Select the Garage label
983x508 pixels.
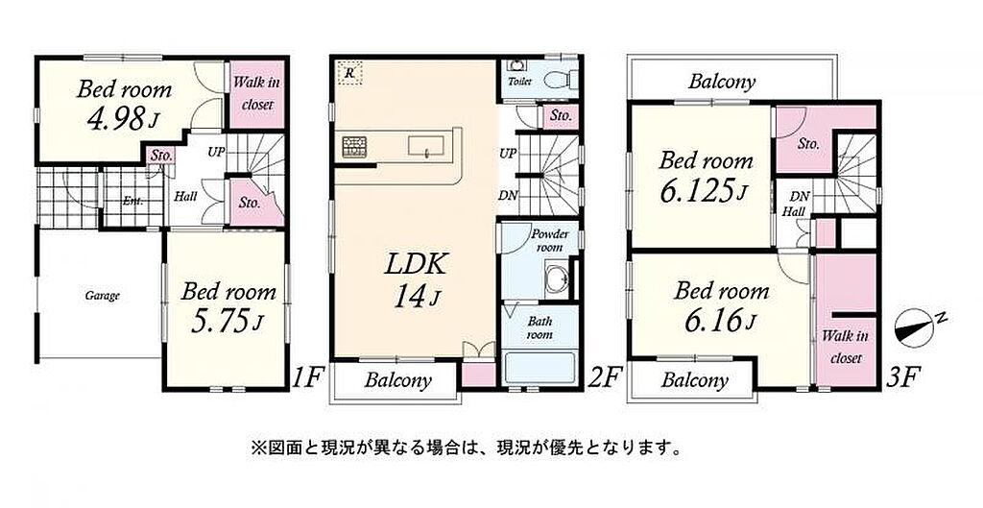(102, 296)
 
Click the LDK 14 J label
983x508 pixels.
(416, 280)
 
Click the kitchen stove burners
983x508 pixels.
(353, 146)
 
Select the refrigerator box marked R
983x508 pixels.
(349, 72)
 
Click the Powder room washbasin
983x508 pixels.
(557, 277)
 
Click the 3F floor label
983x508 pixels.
(901, 377)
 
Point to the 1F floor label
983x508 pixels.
(307, 377)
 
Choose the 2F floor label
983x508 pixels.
(605, 377)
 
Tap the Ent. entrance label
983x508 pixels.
(132, 202)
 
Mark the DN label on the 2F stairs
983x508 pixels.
(508, 195)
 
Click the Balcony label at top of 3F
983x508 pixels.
(722, 82)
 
